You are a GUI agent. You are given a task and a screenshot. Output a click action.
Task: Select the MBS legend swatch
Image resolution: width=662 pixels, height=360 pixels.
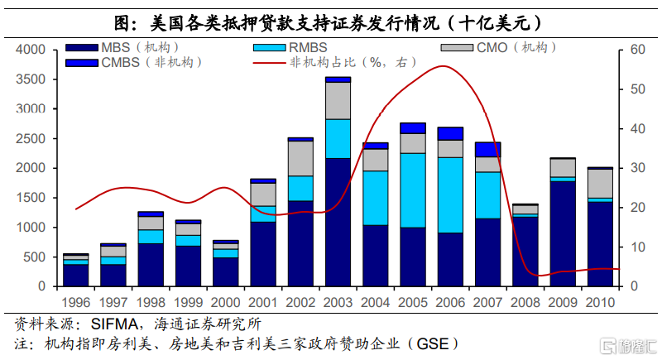(x=84, y=47)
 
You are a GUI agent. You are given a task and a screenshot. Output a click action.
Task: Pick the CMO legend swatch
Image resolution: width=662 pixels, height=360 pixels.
(x=455, y=47)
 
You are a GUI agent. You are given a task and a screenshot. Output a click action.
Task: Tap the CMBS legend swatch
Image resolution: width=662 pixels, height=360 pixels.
(x=84, y=62)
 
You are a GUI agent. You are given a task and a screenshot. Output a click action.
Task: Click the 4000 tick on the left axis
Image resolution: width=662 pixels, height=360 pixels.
(x=31, y=50)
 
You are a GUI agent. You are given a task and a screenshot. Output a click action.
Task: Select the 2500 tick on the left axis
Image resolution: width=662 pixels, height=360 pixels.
(x=31, y=138)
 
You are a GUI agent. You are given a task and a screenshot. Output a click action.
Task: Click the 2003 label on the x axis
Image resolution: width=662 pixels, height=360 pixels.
(x=337, y=302)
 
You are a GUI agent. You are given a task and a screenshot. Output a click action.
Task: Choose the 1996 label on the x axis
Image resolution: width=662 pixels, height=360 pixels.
(x=75, y=302)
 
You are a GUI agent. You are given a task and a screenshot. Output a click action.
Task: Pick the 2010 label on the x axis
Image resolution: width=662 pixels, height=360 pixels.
(x=599, y=302)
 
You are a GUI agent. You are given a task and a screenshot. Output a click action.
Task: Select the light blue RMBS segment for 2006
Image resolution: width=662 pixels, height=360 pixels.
(x=449, y=194)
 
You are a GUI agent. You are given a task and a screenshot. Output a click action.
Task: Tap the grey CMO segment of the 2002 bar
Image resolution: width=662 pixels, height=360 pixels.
(x=300, y=158)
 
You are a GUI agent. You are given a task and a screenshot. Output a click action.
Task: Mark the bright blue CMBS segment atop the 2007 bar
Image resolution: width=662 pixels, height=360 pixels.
(x=487, y=149)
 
